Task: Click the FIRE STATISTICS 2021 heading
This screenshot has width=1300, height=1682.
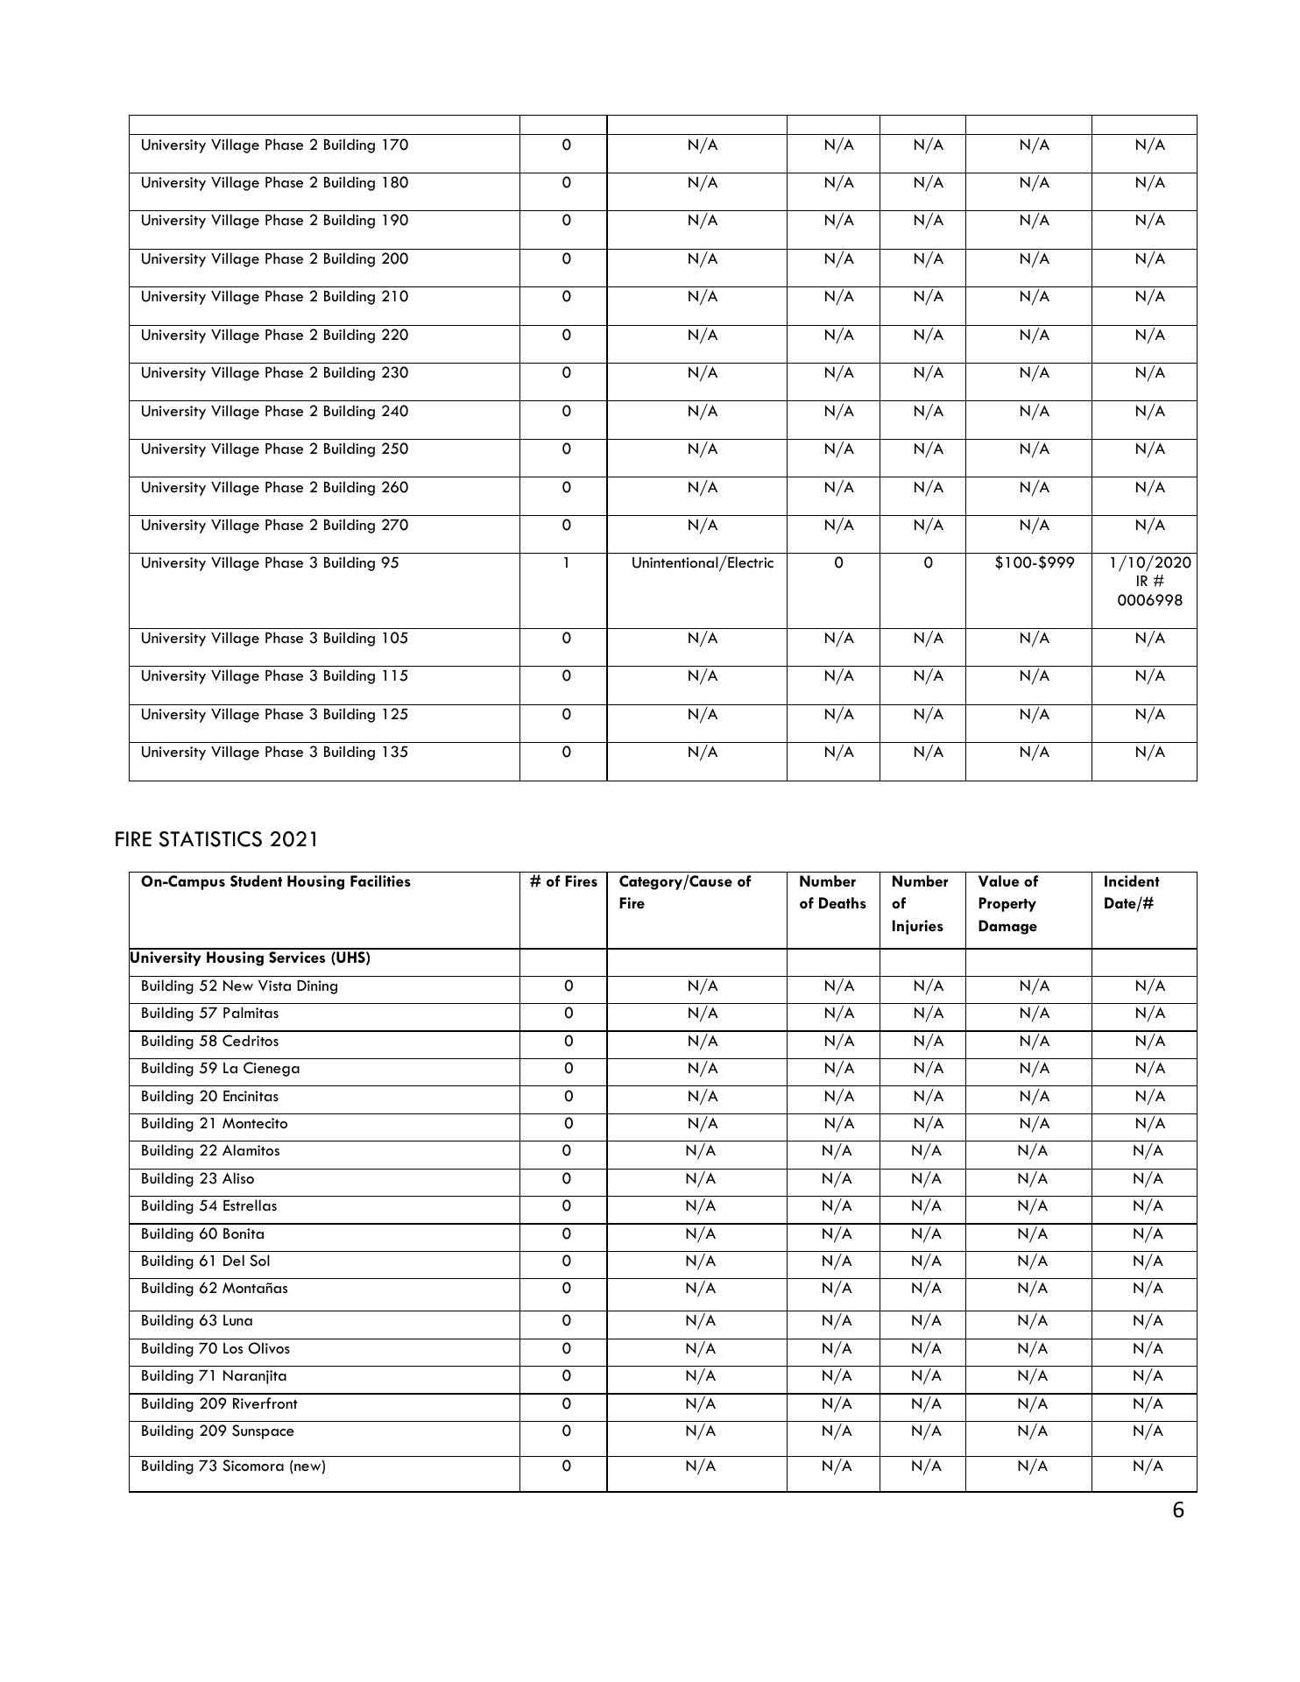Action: (215, 839)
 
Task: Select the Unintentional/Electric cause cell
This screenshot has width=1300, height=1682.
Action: (703, 563)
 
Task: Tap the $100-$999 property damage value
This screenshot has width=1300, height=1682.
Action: (1034, 563)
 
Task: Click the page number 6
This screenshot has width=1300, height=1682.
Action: (1177, 1510)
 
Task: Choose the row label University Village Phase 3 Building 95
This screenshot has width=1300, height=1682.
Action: (270, 563)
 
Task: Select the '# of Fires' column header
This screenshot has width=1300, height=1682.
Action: (563, 882)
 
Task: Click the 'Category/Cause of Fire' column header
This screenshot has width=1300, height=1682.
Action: (684, 892)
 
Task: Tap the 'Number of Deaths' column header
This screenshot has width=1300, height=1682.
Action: (832, 892)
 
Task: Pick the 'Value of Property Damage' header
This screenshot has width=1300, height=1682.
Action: (1007, 903)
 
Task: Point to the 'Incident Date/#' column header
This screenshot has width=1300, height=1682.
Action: (1131, 892)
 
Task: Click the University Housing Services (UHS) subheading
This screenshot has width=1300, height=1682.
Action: (250, 958)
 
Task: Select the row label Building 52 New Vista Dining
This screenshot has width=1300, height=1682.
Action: (239, 986)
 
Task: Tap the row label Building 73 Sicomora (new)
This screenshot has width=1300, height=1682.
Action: (233, 1466)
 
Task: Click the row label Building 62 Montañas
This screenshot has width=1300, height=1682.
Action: (214, 1289)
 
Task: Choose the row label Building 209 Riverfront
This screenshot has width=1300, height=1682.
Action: (219, 1404)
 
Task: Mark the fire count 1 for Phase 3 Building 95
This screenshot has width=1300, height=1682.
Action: (566, 563)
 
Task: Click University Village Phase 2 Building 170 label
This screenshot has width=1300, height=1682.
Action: (274, 145)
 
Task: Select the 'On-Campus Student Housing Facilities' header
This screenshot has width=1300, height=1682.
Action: (275, 882)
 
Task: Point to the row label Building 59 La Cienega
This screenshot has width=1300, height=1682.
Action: (220, 1069)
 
